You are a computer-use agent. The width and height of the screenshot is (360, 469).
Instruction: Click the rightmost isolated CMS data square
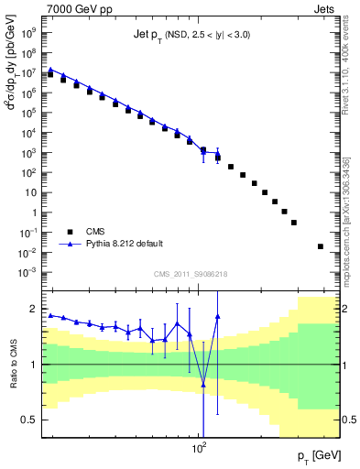click(x=320, y=246)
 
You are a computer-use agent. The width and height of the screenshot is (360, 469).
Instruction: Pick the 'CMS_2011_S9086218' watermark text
click(x=191, y=274)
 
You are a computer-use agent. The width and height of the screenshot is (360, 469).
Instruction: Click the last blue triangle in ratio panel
click(x=217, y=316)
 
